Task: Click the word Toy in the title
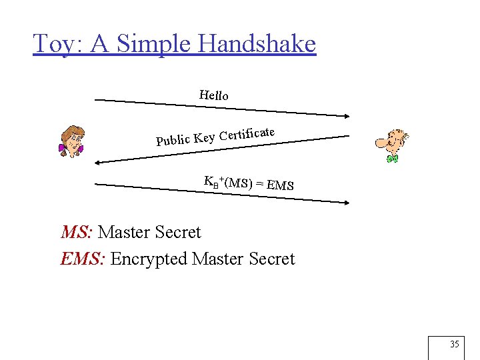[x=57, y=44]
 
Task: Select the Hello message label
[x=213, y=95]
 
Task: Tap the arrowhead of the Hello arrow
[x=345, y=117]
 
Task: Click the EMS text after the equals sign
[x=280, y=185]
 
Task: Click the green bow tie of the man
[x=393, y=159]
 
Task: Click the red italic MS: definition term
[x=77, y=233]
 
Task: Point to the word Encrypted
[x=149, y=259]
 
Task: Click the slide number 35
[x=455, y=345]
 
